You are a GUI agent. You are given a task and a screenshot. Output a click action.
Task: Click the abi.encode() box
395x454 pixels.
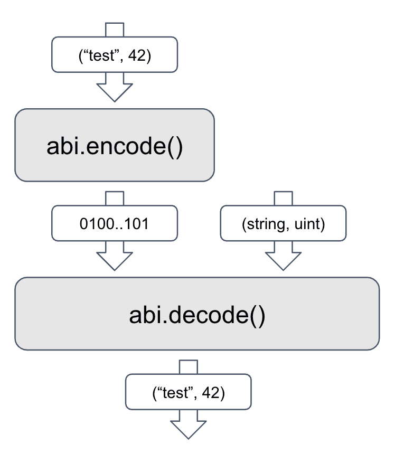(115, 146)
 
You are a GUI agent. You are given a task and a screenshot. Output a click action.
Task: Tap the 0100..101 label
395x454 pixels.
(114, 224)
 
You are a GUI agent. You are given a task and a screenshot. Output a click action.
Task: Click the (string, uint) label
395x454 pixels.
(283, 224)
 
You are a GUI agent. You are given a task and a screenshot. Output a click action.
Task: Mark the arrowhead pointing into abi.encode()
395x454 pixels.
(115, 90)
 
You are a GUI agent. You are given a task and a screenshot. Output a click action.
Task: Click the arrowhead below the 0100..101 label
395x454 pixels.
(115, 259)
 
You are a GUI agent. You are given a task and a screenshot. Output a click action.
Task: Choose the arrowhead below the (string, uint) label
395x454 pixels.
(283, 259)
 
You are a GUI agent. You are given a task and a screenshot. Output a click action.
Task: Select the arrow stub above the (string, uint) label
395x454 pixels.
(283, 198)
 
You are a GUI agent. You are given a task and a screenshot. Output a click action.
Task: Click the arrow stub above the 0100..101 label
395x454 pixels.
(115, 198)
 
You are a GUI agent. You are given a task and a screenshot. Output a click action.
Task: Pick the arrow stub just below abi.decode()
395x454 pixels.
(189, 366)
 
